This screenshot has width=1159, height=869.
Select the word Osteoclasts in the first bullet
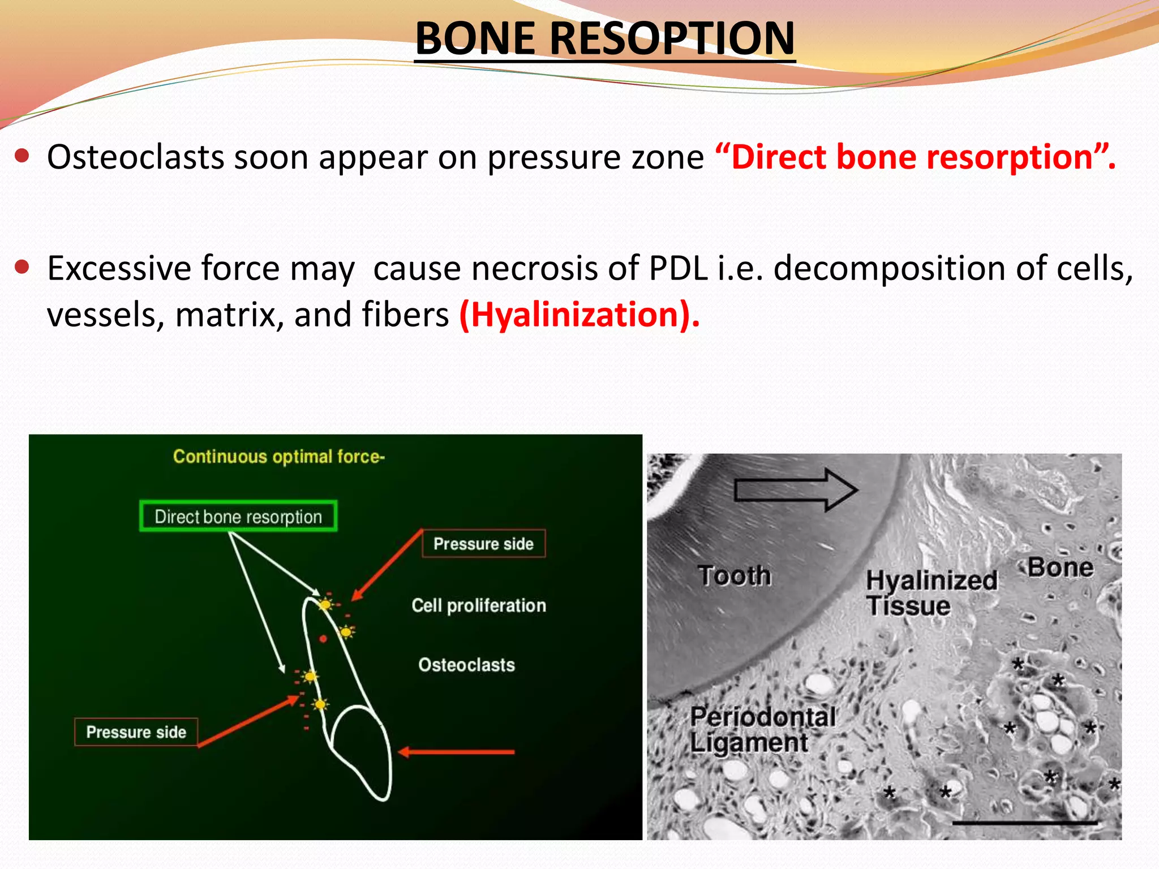click(135, 157)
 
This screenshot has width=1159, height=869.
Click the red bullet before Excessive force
click(22, 266)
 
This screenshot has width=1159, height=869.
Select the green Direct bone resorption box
click(238, 516)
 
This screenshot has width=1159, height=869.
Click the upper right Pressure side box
click(484, 544)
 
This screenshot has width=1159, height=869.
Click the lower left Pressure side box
click(136, 732)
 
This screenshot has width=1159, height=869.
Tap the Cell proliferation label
click(479, 605)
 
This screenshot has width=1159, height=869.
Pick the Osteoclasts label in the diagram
click(466, 665)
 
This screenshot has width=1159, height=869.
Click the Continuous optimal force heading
click(278, 457)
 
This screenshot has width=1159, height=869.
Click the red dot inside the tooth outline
click(323, 639)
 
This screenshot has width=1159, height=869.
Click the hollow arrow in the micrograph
click(795, 489)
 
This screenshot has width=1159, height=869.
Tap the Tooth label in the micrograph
click(734, 576)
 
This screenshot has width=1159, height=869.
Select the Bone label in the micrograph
click(1061, 567)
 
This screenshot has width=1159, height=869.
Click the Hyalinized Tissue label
click(931, 593)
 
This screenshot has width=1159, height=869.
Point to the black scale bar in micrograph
click(1024, 823)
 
